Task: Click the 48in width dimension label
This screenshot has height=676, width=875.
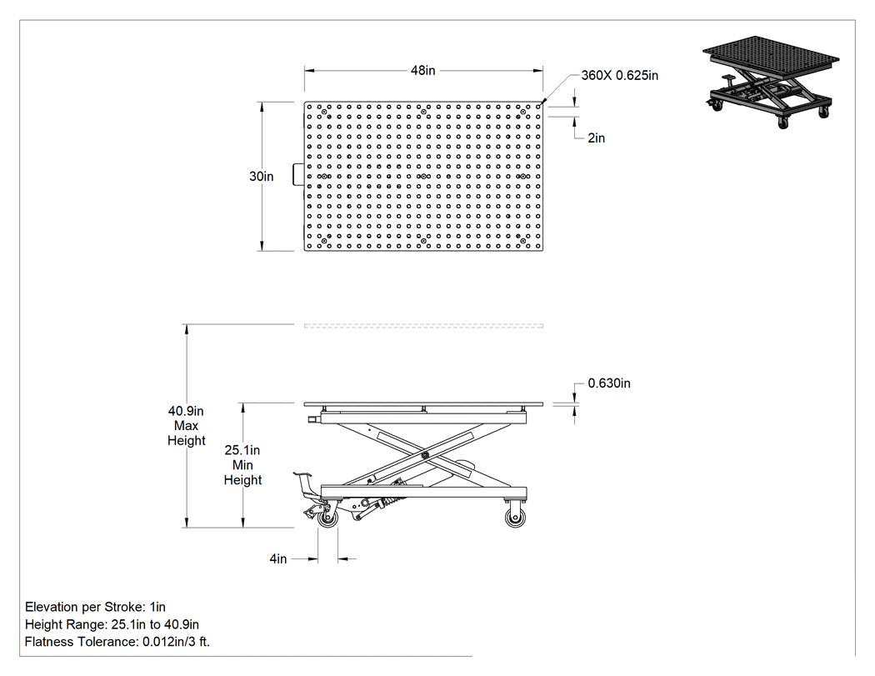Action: [x=423, y=70]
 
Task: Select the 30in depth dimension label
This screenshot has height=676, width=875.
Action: [x=261, y=177]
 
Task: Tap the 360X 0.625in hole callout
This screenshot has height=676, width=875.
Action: [x=619, y=75]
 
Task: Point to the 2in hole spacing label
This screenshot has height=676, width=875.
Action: [x=596, y=138]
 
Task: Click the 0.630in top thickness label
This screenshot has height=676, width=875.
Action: [x=609, y=383]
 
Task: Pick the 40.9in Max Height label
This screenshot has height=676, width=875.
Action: [x=187, y=426]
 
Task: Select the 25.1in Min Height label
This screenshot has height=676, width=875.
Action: [x=242, y=465]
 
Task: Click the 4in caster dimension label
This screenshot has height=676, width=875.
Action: [x=277, y=558]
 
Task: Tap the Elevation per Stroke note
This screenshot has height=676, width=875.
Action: [x=96, y=607]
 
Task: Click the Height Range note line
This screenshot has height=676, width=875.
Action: [x=112, y=624]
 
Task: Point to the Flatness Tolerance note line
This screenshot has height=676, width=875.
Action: [x=117, y=641]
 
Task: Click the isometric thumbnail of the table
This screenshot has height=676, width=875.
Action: [x=771, y=83]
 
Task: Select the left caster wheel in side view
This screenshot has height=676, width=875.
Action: [x=327, y=518]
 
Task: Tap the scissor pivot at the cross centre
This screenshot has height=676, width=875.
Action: [x=425, y=455]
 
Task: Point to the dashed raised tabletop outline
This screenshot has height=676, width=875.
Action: [x=423, y=325]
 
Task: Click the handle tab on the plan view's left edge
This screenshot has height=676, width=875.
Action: [x=298, y=174]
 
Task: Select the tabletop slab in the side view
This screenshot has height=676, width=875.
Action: [x=423, y=403]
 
